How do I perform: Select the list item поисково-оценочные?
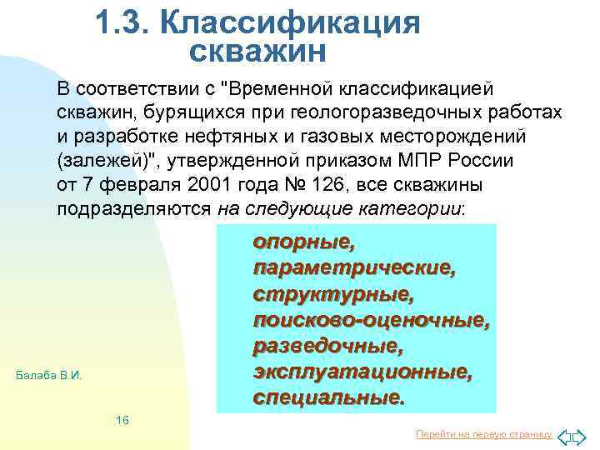click(371, 320)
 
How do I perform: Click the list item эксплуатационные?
click(362, 372)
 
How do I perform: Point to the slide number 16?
click(122, 420)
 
